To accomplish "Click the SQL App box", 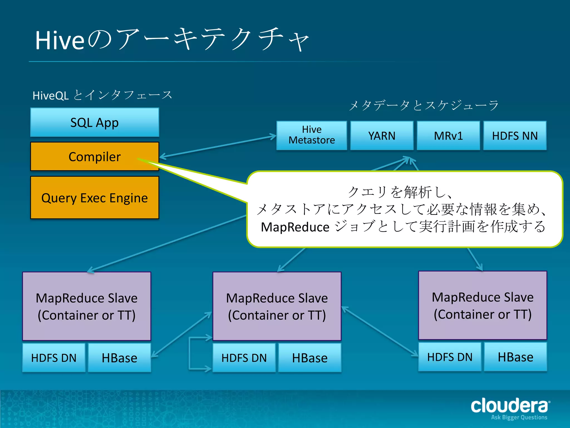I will click(x=95, y=123).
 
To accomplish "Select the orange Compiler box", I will click(x=95, y=157).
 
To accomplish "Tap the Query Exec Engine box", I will click(x=95, y=198).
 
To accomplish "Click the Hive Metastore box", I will click(x=312, y=135).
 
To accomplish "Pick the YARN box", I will click(x=382, y=136).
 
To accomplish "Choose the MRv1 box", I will click(x=448, y=136).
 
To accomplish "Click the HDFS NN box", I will click(x=515, y=136).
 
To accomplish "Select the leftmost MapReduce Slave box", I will click(x=87, y=306).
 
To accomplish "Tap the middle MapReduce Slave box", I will click(x=277, y=306).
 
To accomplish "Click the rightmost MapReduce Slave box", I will click(x=483, y=305).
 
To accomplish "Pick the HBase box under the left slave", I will click(x=119, y=358).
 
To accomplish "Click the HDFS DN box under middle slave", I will click(x=244, y=358).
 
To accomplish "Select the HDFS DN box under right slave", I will click(x=450, y=357).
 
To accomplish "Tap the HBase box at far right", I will click(x=515, y=357).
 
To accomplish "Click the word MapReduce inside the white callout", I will click(x=295, y=227).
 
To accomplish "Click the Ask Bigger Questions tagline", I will click(x=519, y=417).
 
